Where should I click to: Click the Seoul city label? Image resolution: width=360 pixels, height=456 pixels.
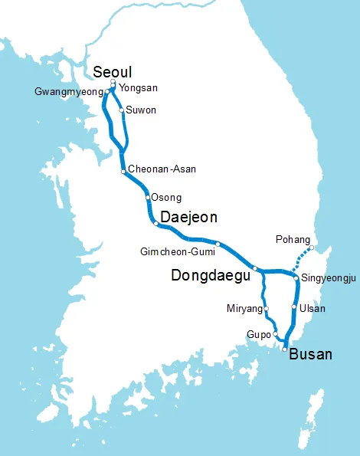coord(113,71)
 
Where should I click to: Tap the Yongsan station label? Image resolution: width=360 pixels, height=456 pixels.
coord(134,88)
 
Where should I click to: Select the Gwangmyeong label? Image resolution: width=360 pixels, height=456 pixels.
coord(68,92)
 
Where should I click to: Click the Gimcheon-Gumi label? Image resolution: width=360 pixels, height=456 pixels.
coord(178,251)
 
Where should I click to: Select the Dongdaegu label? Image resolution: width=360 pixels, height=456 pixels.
coord(210,274)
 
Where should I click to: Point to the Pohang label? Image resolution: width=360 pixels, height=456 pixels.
coord(293,240)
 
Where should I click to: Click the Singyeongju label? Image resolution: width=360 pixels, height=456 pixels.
coord(329,278)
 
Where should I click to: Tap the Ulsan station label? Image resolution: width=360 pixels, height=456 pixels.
coord(313,309)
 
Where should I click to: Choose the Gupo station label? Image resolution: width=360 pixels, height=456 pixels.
coord(259,335)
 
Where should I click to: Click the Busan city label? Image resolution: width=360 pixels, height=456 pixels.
coord(311,354)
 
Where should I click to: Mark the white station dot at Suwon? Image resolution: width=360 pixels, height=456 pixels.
coord(122,111)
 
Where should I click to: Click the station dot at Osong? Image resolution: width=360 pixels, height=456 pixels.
coord(147,197)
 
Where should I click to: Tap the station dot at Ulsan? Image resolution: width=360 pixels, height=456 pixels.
coord(294,308)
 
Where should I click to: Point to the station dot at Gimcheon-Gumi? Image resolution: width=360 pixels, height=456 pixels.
coord(218,244)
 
